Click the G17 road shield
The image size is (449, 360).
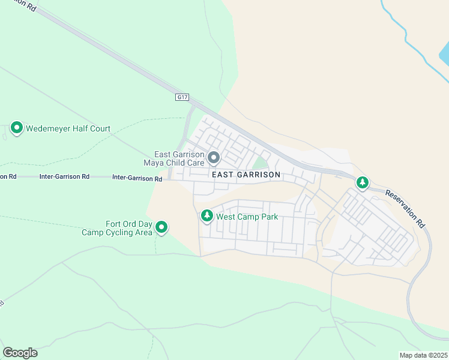click(x=182, y=97)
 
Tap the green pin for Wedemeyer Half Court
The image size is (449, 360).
click(x=17, y=128)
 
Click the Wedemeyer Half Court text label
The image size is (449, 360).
click(x=68, y=128)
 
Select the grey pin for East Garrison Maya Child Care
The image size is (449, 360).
click(x=214, y=158)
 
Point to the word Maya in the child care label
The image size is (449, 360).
click(x=155, y=163)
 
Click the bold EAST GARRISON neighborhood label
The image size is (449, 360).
click(x=246, y=175)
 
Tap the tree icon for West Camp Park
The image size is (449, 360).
click(x=207, y=216)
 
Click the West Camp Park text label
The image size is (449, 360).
click(x=247, y=217)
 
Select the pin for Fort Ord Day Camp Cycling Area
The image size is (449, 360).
click(x=161, y=227)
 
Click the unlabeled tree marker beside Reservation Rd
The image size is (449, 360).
click(x=362, y=182)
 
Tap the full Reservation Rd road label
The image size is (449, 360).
click(x=405, y=208)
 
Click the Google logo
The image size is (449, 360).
click(x=20, y=353)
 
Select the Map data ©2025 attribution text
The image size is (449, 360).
click(x=423, y=355)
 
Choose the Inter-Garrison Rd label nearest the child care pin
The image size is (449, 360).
click(x=137, y=179)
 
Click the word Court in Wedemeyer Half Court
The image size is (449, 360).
click(x=99, y=128)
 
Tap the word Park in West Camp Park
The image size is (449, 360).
click(x=268, y=217)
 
